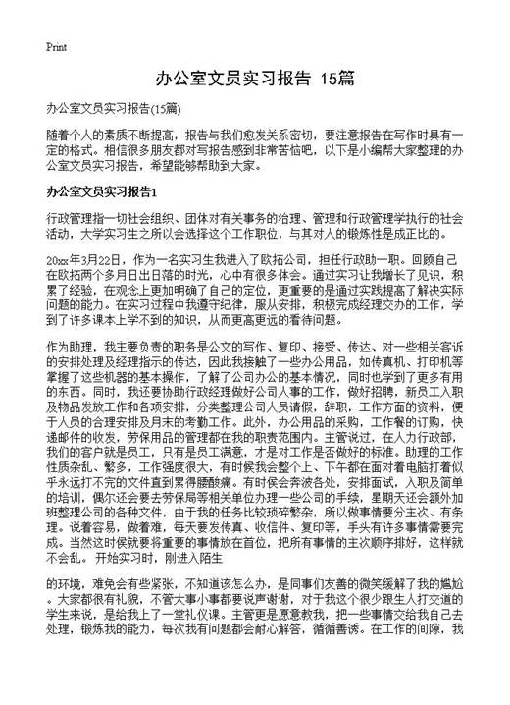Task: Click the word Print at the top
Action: pyautogui.click(x=56, y=46)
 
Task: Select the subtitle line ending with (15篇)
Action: pyautogui.click(x=114, y=107)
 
